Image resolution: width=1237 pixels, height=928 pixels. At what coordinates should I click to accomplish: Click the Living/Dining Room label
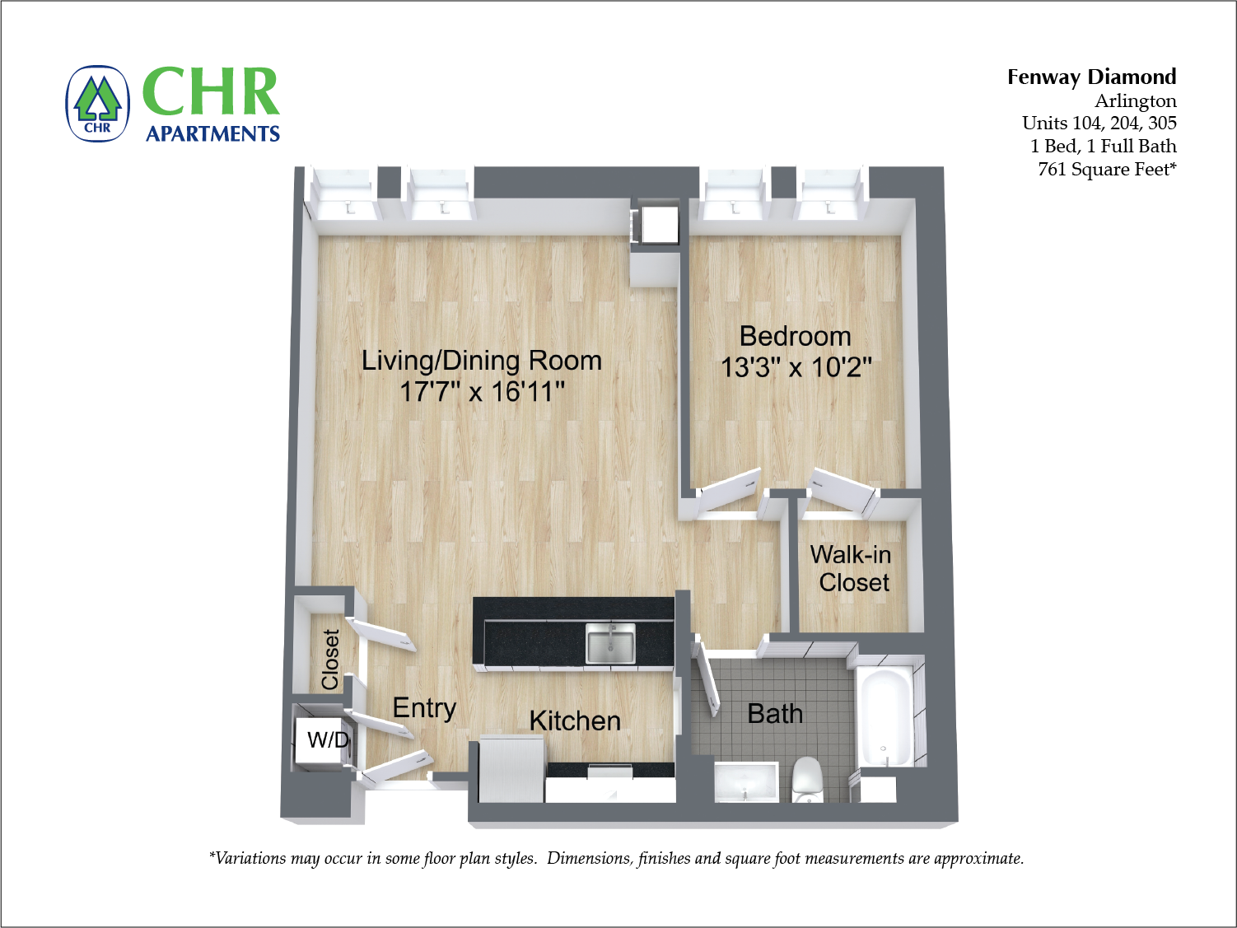coord(482,361)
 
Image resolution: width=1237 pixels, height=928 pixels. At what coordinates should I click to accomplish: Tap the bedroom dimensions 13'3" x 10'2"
coord(796,367)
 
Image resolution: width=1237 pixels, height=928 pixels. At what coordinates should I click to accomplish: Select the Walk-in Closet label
coord(852,568)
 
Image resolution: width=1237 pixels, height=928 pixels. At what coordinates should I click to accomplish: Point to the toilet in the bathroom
coord(808,779)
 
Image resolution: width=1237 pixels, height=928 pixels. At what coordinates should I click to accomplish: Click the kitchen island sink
coord(610,642)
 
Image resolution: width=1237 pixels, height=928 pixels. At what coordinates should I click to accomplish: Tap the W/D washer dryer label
coord(327,739)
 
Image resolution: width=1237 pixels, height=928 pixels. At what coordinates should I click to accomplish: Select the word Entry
coord(424,708)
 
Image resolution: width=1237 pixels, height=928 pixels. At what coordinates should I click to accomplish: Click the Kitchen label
coord(575,720)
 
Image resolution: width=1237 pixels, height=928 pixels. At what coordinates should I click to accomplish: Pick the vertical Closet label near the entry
coord(331,659)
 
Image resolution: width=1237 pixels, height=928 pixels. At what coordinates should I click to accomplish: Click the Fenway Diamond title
coord(1091,77)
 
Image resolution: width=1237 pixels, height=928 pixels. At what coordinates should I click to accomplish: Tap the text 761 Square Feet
coord(1106,169)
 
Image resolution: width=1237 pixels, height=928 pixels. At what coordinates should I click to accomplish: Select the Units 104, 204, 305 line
coord(1099,123)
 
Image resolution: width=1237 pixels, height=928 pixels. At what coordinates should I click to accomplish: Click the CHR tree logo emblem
coord(98,104)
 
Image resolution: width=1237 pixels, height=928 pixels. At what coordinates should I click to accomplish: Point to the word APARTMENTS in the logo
coord(212,133)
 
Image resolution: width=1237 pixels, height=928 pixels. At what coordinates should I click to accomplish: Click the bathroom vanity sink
coord(745,781)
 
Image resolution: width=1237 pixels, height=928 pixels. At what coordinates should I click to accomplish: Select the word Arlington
coord(1135,100)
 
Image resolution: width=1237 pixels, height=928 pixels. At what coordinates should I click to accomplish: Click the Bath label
coord(774,713)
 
